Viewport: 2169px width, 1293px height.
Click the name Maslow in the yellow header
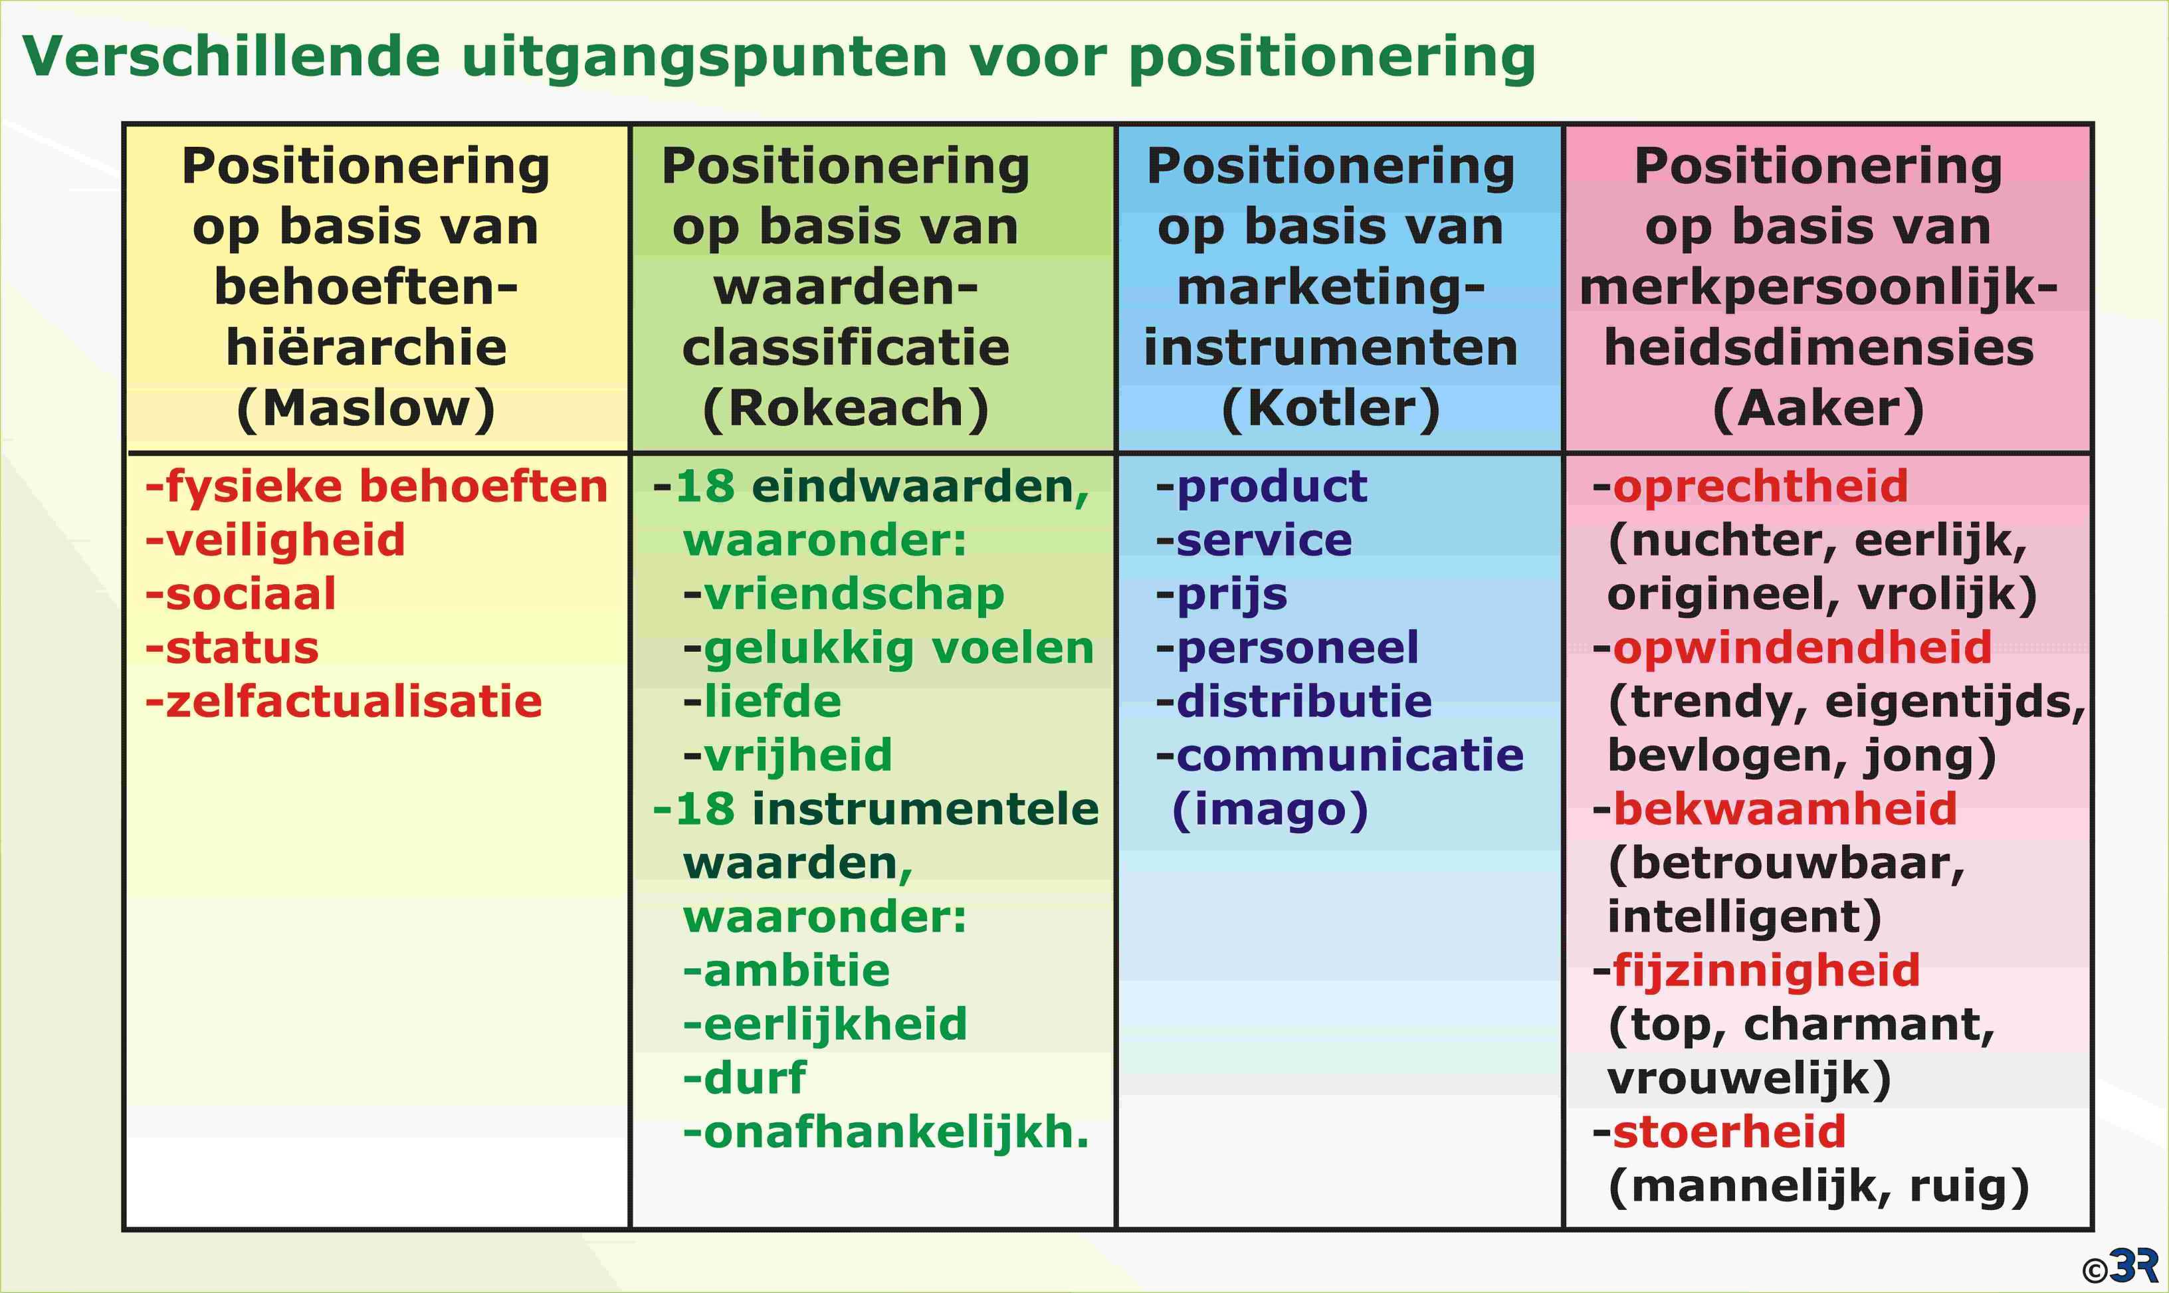(x=366, y=408)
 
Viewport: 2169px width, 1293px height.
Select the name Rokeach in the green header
(x=845, y=408)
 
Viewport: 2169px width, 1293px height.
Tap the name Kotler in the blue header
(x=1330, y=408)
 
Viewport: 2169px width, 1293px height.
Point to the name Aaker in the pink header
(x=1818, y=408)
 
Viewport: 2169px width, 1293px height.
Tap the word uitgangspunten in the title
(x=704, y=58)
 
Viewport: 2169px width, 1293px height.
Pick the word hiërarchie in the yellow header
(x=366, y=347)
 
